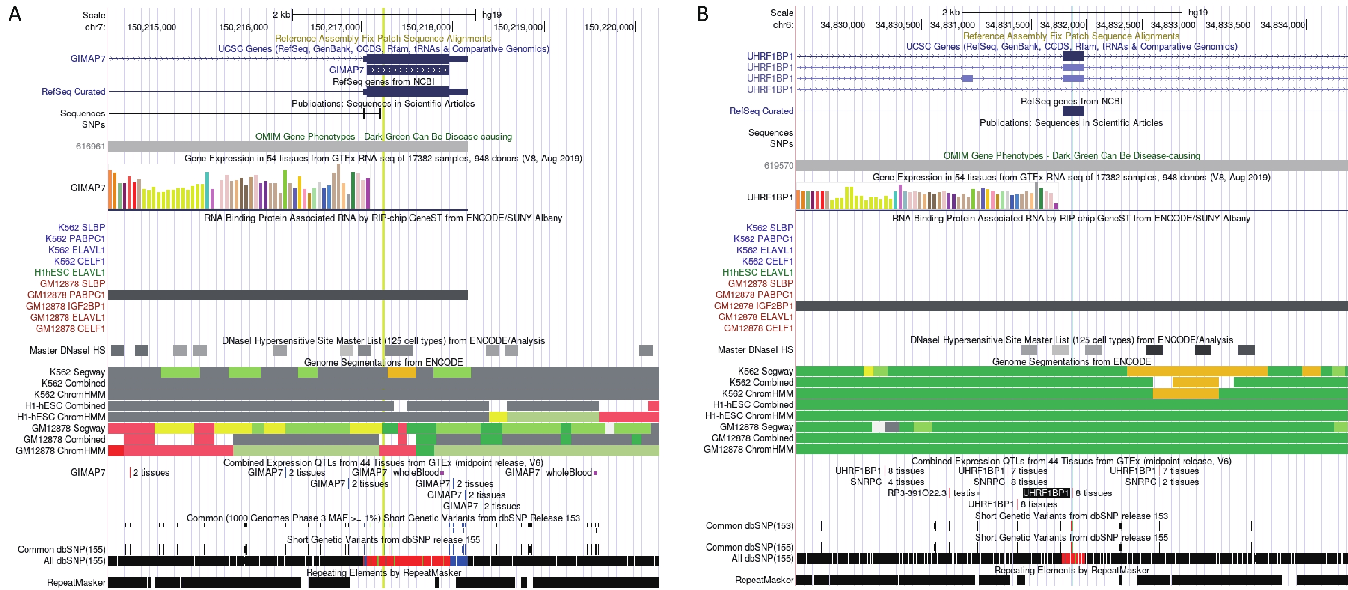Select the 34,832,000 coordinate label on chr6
[1062, 24]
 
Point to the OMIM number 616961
[91, 146]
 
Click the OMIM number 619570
[779, 165]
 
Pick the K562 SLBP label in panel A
[82, 228]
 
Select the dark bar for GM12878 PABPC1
[288, 295]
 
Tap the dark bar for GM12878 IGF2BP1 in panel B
[1071, 306]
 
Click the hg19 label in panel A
[491, 15]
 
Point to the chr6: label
[783, 24]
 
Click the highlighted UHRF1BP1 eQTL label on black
[1046, 493]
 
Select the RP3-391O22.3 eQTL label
[916, 493]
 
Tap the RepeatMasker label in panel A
[77, 582]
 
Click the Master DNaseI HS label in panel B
[755, 350]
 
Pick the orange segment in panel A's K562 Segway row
[401, 372]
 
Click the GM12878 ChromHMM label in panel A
[60, 451]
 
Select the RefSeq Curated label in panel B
[761, 111]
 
